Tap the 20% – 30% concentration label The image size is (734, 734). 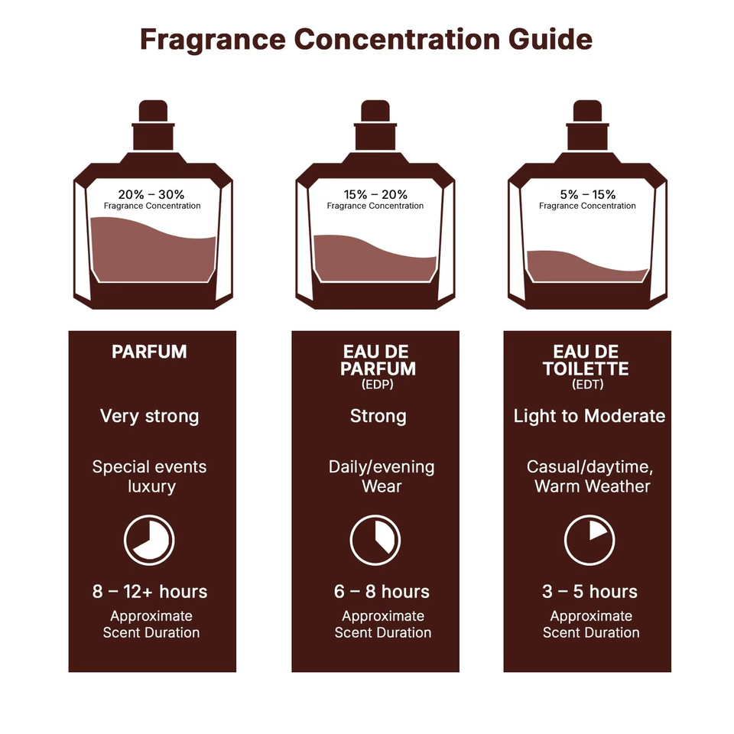click(151, 194)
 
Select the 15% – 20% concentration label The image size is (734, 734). click(375, 194)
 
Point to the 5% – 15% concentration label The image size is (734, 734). click(587, 194)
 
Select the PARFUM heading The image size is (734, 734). click(149, 352)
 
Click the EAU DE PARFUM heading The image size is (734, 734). click(378, 360)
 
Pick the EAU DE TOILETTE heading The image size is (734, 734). click(586, 360)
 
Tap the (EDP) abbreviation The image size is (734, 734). click(378, 385)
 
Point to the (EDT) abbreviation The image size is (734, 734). click(587, 385)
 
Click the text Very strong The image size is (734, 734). click(149, 416)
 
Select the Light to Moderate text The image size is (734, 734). click(589, 416)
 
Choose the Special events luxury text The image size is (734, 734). click(150, 476)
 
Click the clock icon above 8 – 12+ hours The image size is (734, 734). click(149, 541)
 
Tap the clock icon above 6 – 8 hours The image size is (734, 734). click(375, 541)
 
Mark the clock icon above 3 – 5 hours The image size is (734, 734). click(589, 541)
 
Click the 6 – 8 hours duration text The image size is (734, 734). click(382, 592)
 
